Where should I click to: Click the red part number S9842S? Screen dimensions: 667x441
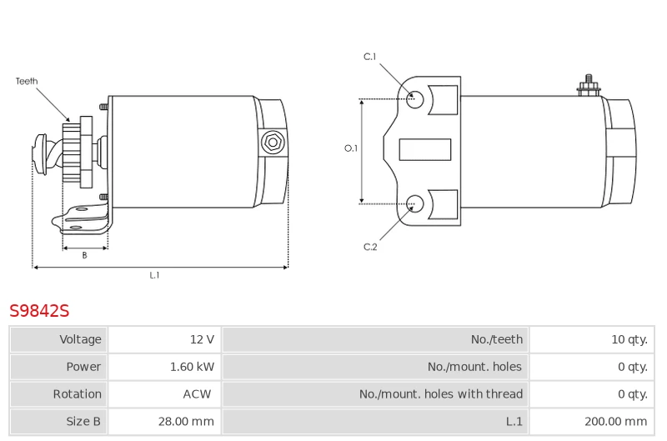coord(39,311)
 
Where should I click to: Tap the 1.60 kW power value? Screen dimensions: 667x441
coord(192,367)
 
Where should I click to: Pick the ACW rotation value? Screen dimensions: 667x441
coord(197,394)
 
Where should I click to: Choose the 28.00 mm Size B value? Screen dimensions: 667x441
coord(186,422)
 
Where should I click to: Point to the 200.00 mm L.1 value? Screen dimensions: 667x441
coord(615,422)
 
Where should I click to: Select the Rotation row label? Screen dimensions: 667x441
coord(77,394)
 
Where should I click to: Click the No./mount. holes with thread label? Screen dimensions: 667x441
coord(441,394)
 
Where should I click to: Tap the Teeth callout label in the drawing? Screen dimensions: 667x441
coord(27,81)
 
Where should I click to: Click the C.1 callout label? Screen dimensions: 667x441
coord(369,57)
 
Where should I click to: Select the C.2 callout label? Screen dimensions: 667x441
coord(370,247)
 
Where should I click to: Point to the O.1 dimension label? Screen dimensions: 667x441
coord(351,148)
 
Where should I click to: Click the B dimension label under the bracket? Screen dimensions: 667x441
coord(85,255)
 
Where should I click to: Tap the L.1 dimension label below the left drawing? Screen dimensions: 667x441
coord(154,275)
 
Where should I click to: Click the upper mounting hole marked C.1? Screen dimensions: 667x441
coord(414,99)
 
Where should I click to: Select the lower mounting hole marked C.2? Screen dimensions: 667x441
coord(414,204)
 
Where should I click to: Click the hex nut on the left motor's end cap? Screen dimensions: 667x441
coord(273,143)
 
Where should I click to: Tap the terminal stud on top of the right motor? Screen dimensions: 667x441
coord(589,86)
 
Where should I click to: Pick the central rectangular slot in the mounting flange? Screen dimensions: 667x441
coord(425,150)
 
